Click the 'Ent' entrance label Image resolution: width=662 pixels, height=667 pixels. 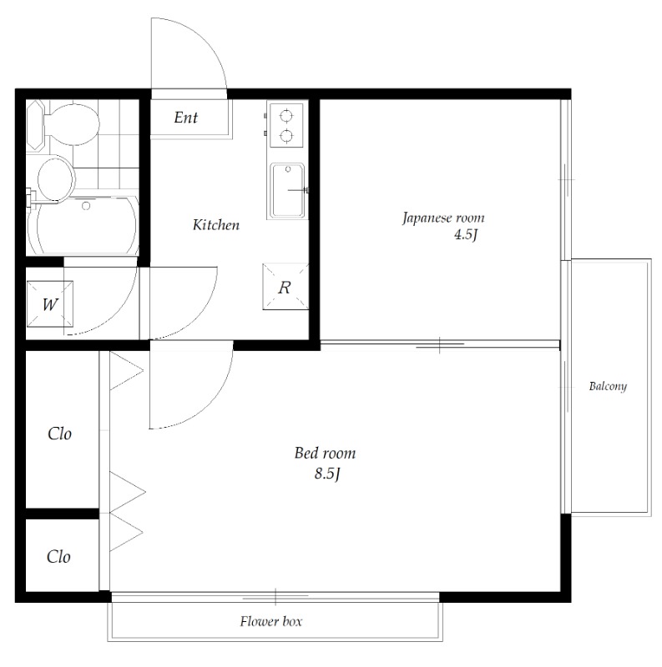185,118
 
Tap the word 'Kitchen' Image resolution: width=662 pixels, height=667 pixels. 216,224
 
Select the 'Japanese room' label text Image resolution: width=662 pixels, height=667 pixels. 443,218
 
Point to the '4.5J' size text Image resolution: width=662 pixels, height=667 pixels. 465,235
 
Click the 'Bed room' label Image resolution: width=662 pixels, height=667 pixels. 325,453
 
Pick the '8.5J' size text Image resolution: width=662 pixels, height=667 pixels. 326,474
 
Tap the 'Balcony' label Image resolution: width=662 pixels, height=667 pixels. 608,386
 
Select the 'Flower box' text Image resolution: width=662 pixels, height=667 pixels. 271,621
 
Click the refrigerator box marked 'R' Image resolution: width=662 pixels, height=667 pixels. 286,287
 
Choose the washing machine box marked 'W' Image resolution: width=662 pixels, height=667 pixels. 50,304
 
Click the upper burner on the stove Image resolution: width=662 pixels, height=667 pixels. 286,116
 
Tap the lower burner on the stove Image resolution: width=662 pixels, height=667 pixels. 286,136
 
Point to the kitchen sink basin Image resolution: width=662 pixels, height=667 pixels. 288,191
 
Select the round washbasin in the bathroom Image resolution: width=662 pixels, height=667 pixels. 56,178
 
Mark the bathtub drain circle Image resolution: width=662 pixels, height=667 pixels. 86,206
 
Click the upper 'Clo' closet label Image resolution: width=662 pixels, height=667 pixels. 59,434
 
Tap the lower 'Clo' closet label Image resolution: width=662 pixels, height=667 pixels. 58,557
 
